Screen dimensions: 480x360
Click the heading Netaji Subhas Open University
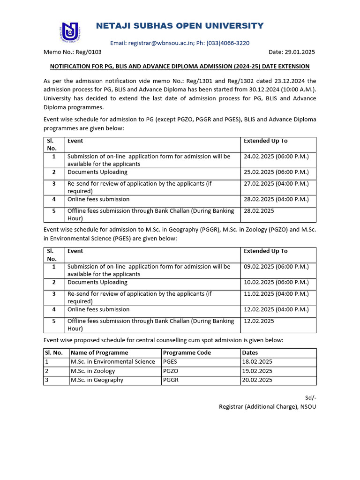point(180,26)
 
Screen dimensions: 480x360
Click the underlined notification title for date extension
point(180,67)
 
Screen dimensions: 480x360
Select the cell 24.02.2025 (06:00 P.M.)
point(276,157)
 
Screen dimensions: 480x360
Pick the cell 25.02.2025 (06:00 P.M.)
point(276,172)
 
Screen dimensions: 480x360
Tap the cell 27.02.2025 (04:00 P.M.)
point(276,184)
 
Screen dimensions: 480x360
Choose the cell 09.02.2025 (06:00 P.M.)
point(276,267)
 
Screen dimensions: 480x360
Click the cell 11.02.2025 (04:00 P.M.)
point(276,294)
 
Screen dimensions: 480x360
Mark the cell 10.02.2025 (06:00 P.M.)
point(276,283)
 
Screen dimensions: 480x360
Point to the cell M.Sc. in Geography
point(97,380)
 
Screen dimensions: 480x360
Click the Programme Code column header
point(187,353)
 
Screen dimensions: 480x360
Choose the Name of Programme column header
point(99,353)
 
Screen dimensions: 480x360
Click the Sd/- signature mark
point(310,398)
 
